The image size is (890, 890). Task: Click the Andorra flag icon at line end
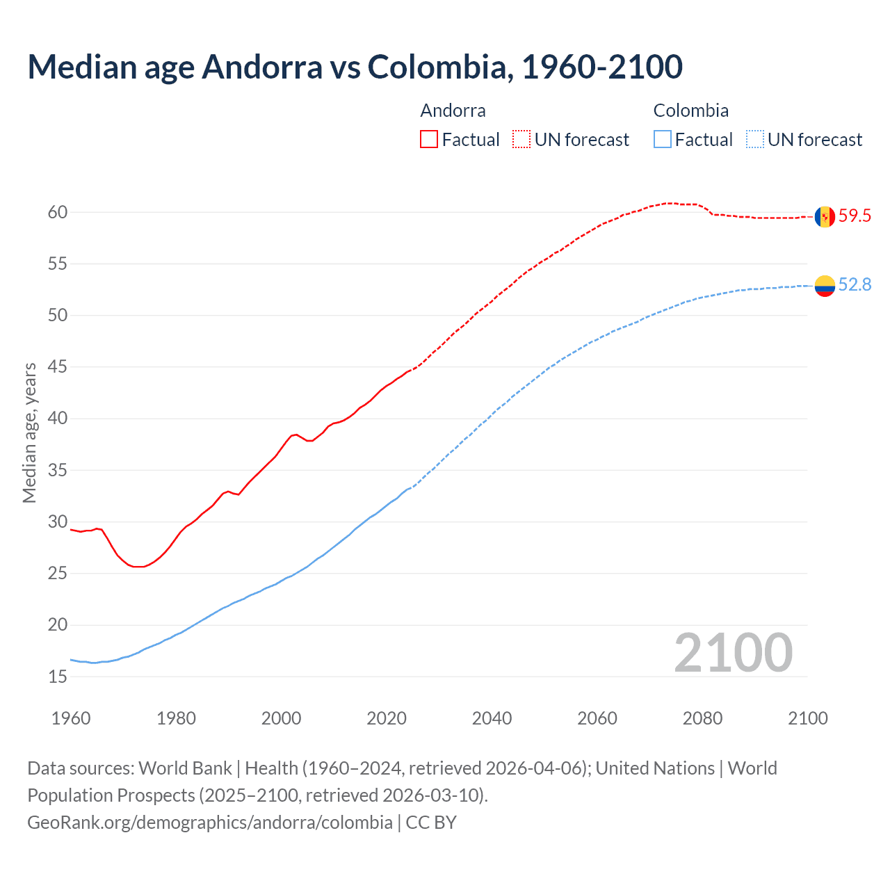(825, 217)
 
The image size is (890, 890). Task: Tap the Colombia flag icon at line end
(825, 286)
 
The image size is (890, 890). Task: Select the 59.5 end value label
(855, 216)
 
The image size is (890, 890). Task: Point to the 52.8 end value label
(855, 285)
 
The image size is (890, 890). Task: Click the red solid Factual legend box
(429, 140)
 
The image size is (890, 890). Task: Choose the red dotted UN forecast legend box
(521, 140)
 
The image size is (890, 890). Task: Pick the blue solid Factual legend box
(663, 140)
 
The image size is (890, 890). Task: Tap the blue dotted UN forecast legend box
(754, 140)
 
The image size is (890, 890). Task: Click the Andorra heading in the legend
(453, 111)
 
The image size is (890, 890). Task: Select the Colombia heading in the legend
(690, 111)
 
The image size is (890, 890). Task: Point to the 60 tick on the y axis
(58, 213)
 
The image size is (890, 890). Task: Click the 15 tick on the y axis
(58, 677)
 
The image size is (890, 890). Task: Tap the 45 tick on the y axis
(58, 367)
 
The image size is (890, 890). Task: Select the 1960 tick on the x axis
(71, 718)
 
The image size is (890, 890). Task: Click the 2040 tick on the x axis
(492, 718)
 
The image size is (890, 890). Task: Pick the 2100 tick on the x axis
(807, 718)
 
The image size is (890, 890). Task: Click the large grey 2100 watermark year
(733, 653)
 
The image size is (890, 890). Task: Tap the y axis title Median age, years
(29, 432)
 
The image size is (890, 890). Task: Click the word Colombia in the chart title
(439, 67)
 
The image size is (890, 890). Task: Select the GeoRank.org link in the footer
(209, 823)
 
